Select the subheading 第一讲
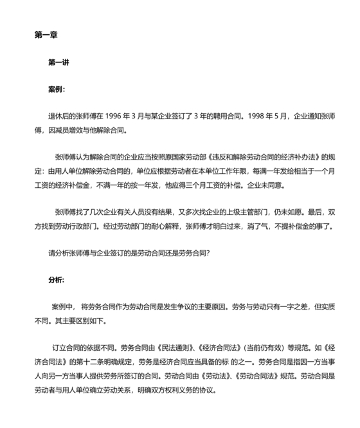tap(59, 62)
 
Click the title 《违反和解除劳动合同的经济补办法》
tap(256, 157)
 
